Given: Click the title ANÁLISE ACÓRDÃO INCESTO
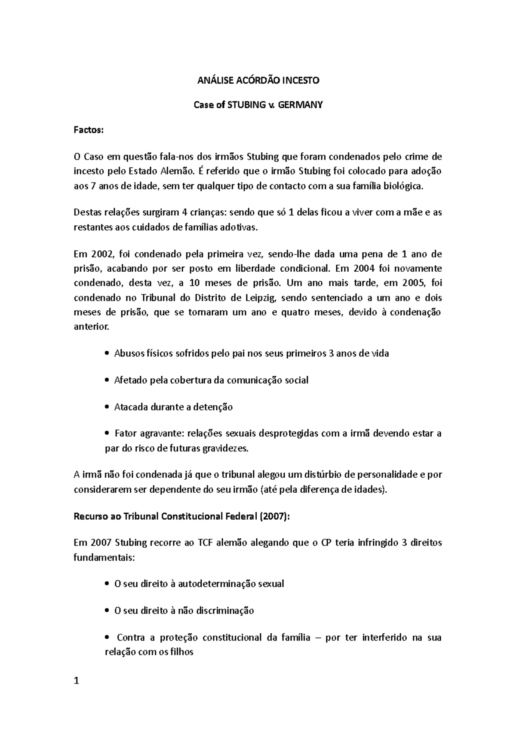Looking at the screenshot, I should pyautogui.click(x=258, y=80).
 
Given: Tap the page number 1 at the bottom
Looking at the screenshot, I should pyautogui.click(x=77, y=681).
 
